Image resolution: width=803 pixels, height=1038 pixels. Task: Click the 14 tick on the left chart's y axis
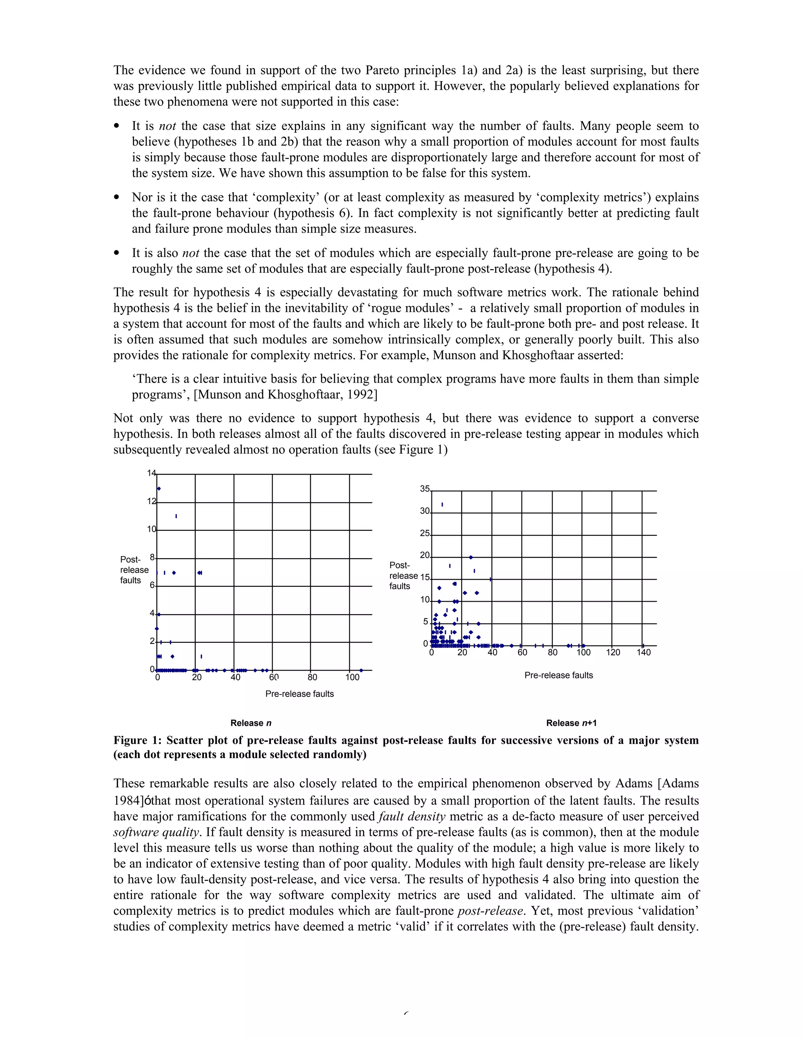point(151,473)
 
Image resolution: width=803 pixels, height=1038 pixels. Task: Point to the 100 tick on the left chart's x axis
point(352,677)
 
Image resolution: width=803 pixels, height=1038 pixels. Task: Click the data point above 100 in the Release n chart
point(361,670)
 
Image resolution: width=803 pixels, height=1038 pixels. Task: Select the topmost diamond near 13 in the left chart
point(159,488)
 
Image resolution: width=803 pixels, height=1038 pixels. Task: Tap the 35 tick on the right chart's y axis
point(425,489)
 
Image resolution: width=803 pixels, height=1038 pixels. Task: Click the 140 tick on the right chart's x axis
point(643,653)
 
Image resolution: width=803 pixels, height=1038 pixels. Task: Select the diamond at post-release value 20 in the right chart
point(471,557)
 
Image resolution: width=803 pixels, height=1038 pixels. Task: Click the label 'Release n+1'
point(571,723)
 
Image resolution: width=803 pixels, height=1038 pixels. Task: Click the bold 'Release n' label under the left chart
point(251,723)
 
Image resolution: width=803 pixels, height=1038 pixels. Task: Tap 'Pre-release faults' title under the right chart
point(558,675)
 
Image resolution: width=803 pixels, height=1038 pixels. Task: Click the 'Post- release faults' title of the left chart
point(134,570)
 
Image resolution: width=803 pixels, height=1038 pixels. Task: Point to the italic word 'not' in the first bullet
point(167,126)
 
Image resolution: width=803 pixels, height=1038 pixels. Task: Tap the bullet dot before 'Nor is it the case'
point(116,198)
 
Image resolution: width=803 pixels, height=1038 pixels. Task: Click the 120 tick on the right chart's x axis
point(613,653)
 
